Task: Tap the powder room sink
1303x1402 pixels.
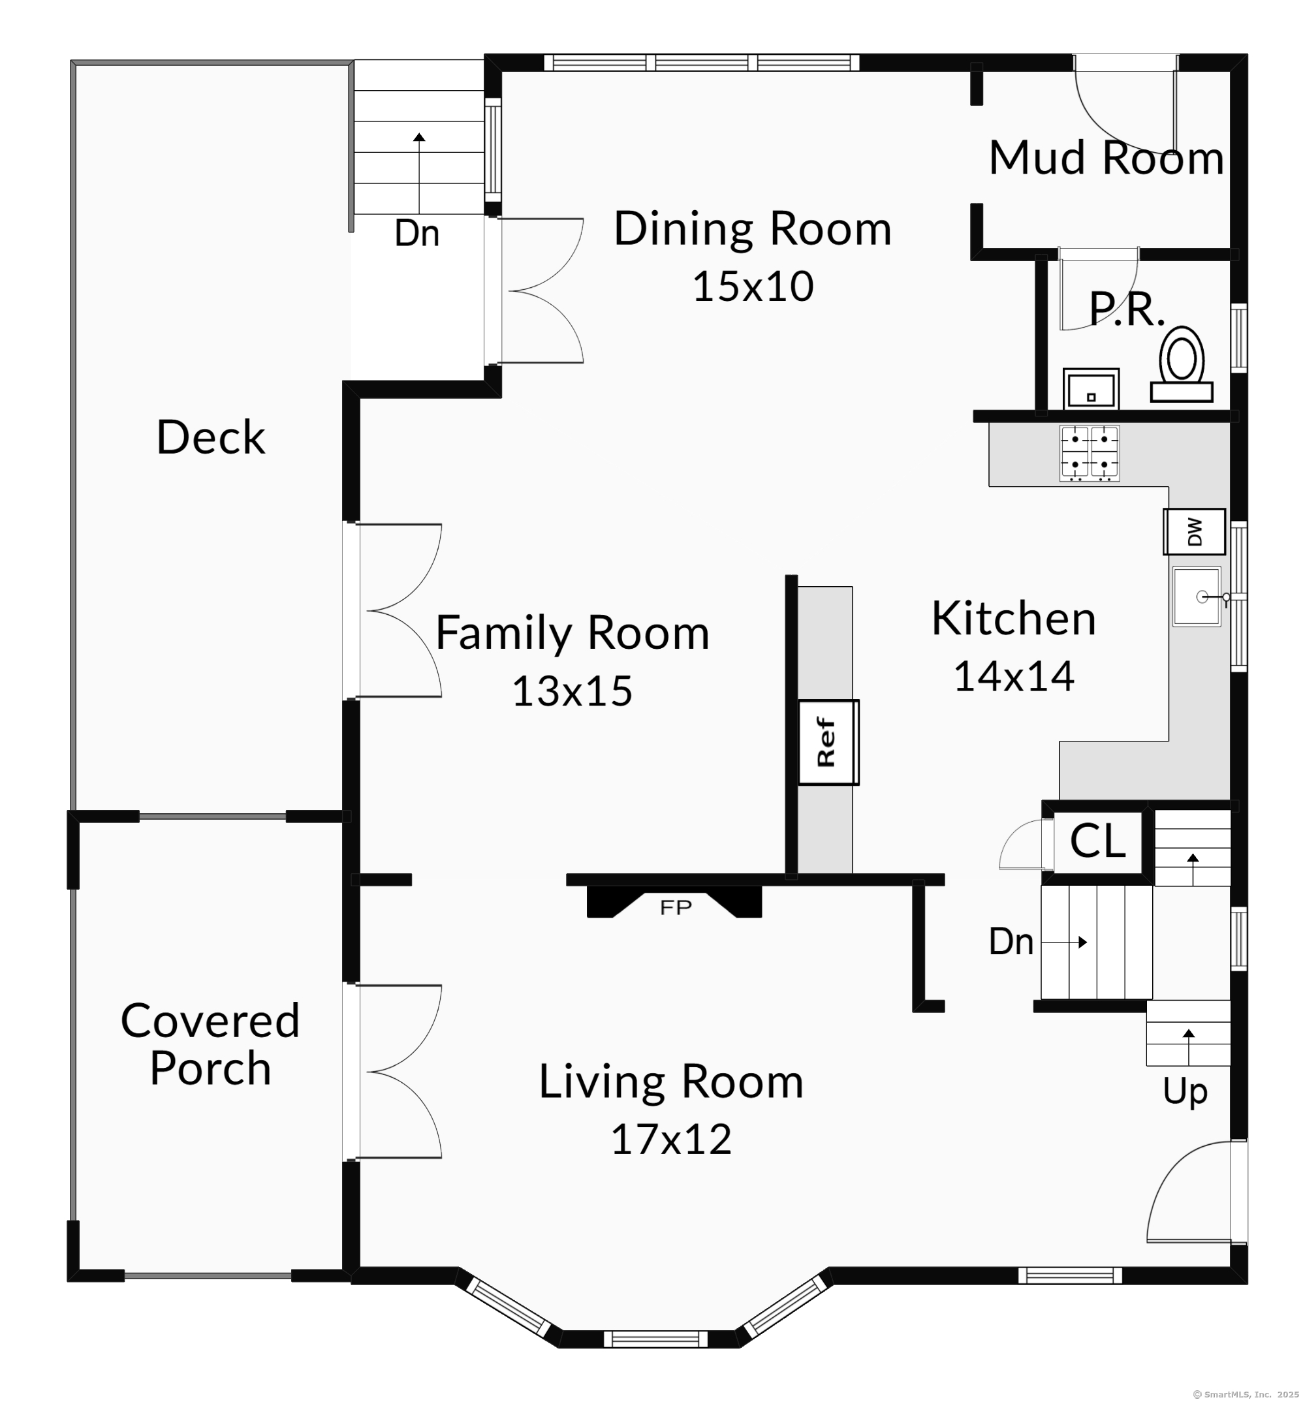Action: coord(1091,388)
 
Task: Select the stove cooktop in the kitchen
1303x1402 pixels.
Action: coord(1090,453)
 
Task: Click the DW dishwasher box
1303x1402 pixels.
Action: coord(1195,531)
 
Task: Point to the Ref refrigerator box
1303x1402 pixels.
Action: coord(828,742)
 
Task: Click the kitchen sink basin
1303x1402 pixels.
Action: coord(1197,597)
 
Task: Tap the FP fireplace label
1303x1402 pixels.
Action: coord(676,908)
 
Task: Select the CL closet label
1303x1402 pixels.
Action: coord(1097,840)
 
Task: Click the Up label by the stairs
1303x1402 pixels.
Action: coord(1185,1092)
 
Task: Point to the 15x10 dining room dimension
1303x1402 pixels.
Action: coord(753,286)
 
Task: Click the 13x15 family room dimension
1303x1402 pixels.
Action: coord(572,691)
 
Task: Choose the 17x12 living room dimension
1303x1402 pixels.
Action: coord(671,1139)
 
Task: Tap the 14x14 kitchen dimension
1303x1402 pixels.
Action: coord(1014,676)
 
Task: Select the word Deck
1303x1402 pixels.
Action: coord(211,437)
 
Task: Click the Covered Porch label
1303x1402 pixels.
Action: coord(210,1044)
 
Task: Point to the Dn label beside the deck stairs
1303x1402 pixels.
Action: coord(416,233)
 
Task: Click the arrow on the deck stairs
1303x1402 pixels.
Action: coord(420,173)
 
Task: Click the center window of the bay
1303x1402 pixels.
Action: coord(655,1339)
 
